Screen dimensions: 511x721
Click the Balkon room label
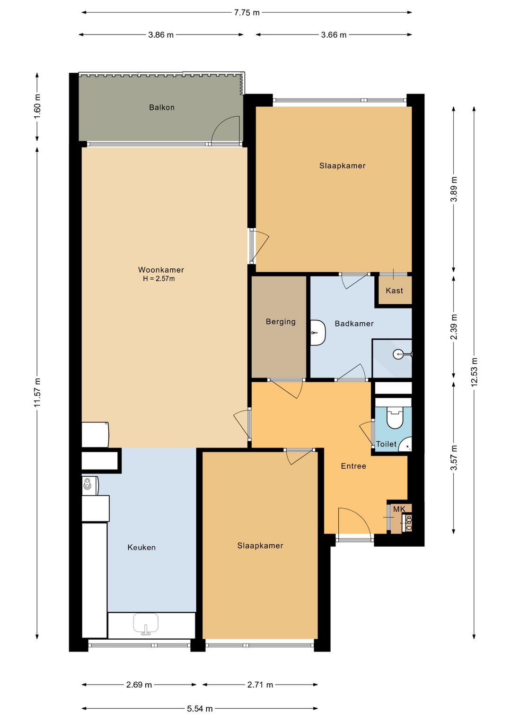(161, 107)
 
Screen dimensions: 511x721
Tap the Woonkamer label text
(161, 270)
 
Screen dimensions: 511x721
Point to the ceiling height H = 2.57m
(159, 279)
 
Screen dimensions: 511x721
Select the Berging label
(281, 322)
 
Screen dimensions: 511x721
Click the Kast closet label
(394, 291)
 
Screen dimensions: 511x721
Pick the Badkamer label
(354, 324)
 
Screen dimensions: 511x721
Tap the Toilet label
(386, 444)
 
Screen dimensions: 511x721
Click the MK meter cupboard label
(399, 509)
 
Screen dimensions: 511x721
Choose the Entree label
(353, 466)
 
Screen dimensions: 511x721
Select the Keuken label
(141, 547)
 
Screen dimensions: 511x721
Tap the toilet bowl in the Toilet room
(395, 418)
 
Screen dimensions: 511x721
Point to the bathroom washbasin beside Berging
(318, 333)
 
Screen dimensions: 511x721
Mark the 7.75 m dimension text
(247, 13)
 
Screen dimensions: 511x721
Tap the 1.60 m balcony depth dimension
(37, 106)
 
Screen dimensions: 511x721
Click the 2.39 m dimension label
(454, 326)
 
